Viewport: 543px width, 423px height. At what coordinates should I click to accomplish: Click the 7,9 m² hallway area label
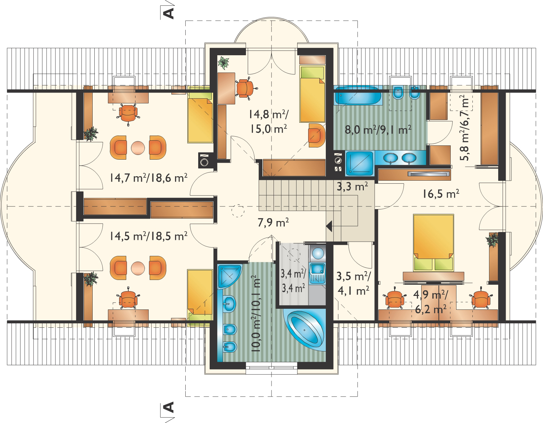[x=273, y=222]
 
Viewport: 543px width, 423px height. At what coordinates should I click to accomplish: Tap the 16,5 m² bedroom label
[x=441, y=194]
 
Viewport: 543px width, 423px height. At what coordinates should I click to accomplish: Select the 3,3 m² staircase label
[x=352, y=186]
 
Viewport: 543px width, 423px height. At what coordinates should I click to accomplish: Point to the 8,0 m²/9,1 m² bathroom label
[x=378, y=130]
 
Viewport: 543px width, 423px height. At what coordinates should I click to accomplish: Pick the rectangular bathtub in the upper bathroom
[x=358, y=96]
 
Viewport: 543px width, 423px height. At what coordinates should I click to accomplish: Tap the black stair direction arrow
[x=329, y=227]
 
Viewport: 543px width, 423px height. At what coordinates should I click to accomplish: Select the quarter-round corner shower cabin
[x=229, y=276]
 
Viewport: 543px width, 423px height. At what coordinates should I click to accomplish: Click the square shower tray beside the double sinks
[x=360, y=163]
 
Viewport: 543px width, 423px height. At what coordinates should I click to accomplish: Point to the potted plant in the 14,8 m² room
[x=223, y=63]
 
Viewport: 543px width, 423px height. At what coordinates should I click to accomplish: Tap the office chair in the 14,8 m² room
[x=246, y=88]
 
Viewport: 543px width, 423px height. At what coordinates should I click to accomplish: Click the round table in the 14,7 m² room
[x=138, y=147]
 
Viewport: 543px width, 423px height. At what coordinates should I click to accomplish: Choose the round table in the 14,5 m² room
[x=138, y=268]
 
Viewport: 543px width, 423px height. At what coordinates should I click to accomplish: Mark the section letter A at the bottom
[x=169, y=407]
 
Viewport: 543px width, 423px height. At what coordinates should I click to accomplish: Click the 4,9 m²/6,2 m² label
[x=431, y=302]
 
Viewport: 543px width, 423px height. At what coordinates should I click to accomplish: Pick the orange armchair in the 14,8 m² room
[x=317, y=135]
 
